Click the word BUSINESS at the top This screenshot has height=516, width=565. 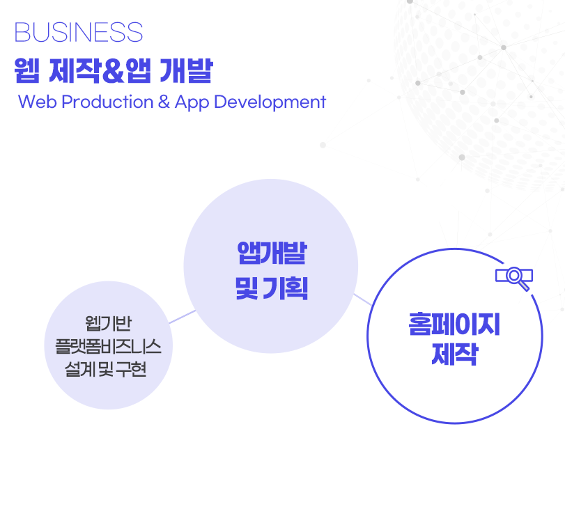[79, 32]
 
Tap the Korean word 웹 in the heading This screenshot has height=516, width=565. [26, 70]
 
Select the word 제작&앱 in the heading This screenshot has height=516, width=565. [100, 70]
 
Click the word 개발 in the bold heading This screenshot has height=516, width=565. [186, 70]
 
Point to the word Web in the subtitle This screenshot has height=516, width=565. [38, 102]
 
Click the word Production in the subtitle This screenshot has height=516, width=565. [107, 102]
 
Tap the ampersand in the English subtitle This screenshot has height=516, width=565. [164, 102]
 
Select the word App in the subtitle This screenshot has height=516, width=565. [192, 102]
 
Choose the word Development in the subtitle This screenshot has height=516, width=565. [270, 102]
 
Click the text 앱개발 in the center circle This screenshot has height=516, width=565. [272, 253]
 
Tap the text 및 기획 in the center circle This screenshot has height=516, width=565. [272, 288]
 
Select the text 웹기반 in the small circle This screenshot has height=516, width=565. [109, 323]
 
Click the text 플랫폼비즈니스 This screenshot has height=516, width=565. [108, 346]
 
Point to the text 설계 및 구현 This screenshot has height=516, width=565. [106, 370]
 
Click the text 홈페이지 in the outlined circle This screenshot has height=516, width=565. [454, 324]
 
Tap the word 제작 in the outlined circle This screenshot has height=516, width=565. [455, 354]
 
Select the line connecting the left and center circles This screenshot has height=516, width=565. [183, 317]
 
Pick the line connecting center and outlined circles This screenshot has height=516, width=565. [362, 299]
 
